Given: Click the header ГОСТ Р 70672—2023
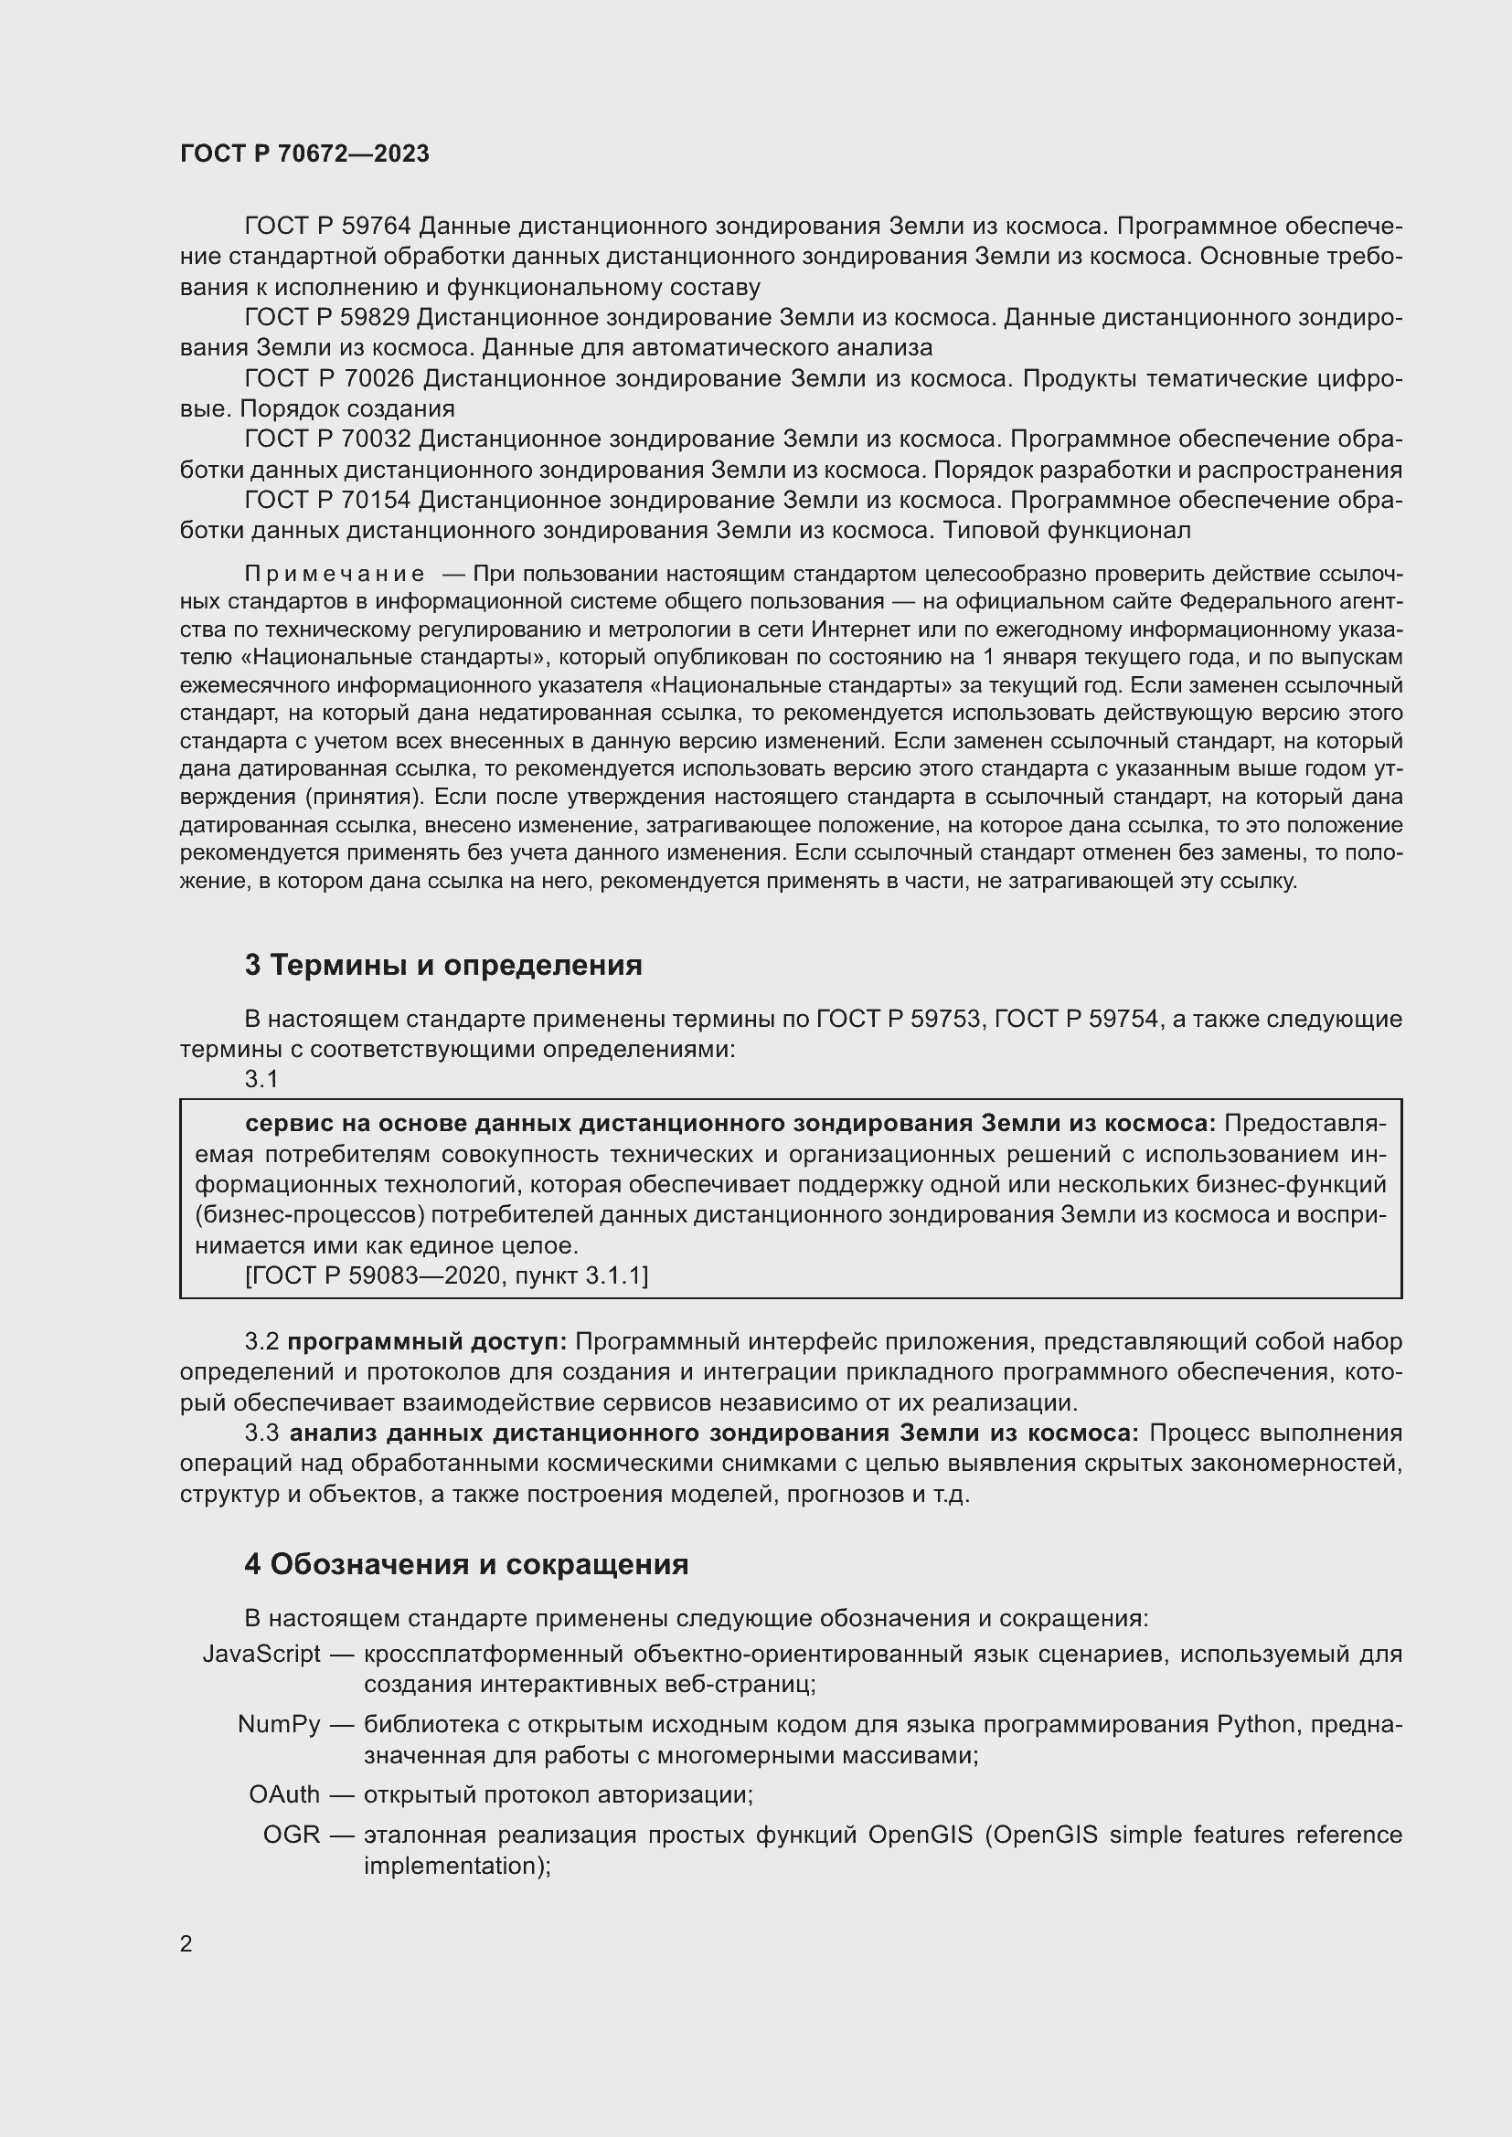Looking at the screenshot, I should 304,153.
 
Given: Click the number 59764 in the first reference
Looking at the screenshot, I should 376,227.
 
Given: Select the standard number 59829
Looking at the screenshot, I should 376,317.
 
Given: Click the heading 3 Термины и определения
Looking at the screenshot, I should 443,965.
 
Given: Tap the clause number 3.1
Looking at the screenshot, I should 261,1079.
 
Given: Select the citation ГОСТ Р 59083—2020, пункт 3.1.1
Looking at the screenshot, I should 447,1275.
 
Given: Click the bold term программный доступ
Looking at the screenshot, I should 426,1342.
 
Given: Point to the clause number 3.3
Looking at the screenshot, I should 262,1433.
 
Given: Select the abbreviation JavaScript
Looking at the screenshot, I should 261,1654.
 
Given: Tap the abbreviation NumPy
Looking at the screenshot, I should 279,1725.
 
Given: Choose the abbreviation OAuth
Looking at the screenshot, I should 284,1794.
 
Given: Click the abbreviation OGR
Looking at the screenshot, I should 292,1835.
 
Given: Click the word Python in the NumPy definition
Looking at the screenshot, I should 1256,1725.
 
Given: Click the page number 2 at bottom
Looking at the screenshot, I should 186,1944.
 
